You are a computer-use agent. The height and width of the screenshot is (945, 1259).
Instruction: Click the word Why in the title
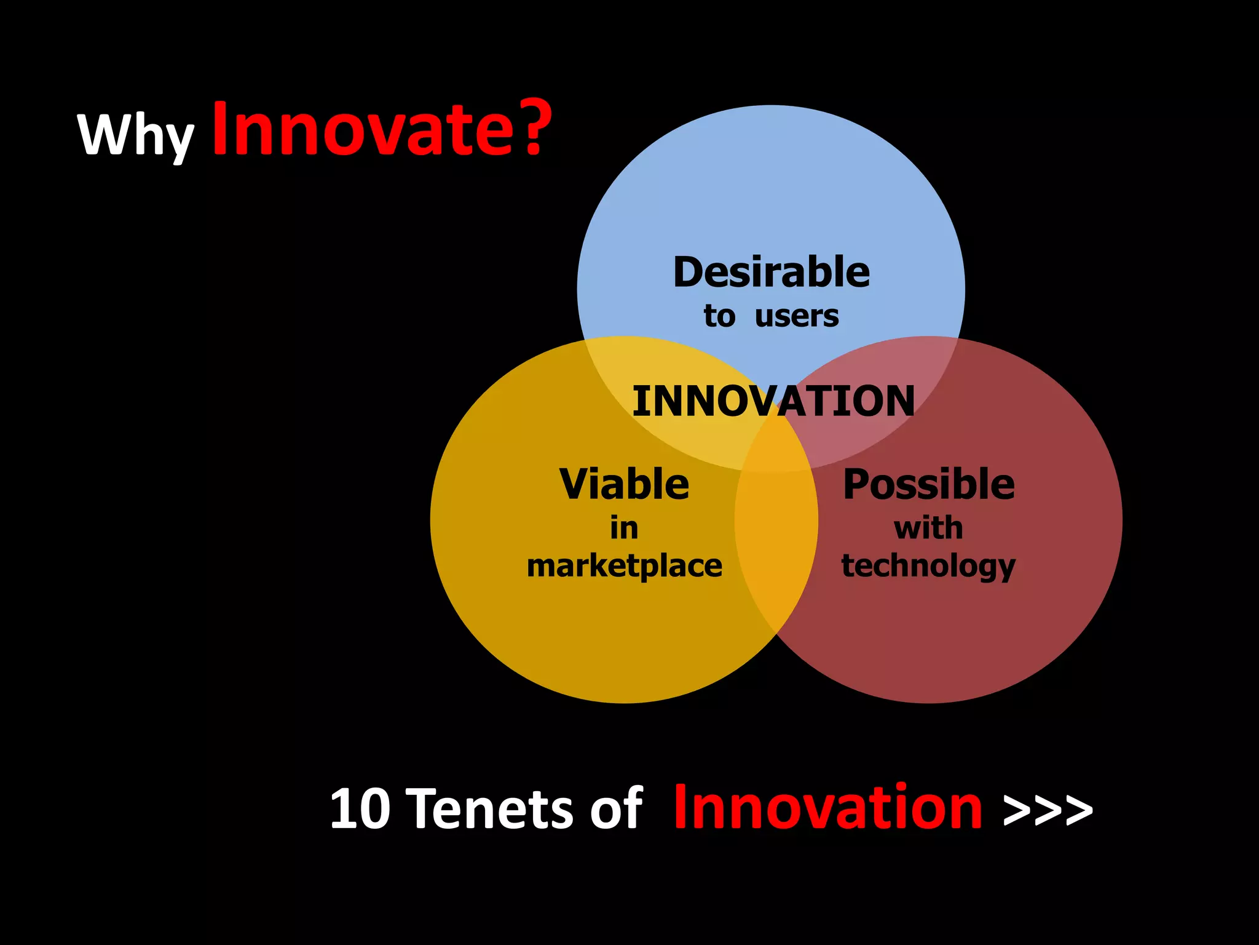click(135, 135)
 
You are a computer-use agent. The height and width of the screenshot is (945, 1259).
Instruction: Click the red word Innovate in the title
click(363, 130)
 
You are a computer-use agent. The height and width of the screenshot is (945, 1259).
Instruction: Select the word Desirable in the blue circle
click(772, 273)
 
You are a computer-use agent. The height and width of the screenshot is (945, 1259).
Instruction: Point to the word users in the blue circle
click(797, 316)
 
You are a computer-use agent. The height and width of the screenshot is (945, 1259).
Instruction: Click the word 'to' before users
click(719, 316)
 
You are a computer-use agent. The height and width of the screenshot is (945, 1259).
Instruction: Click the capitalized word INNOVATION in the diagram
click(773, 401)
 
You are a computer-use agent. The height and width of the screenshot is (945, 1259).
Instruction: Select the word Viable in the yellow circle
click(624, 484)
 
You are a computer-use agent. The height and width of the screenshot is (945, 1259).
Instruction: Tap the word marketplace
click(625, 567)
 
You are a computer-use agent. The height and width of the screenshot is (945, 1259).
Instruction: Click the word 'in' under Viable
click(624, 528)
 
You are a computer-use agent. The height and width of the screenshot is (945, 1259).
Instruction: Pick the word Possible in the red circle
click(928, 484)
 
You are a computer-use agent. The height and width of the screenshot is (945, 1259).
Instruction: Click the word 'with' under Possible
click(928, 528)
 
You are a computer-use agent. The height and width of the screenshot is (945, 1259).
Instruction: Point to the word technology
click(928, 567)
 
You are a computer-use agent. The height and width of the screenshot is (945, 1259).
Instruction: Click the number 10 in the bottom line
click(360, 809)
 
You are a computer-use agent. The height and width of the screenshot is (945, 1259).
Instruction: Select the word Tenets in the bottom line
click(492, 809)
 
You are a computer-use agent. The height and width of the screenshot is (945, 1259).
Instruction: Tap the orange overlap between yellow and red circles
click(776, 554)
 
